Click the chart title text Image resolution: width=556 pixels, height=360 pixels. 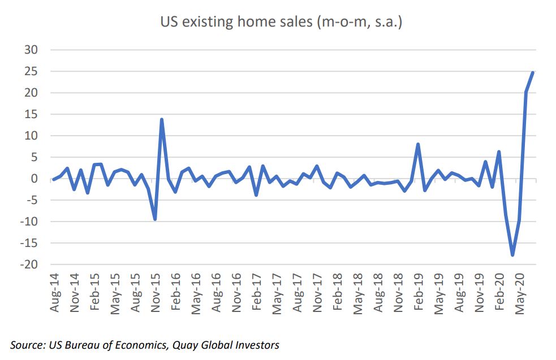click(281, 23)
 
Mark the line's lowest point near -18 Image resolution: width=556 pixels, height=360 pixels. click(513, 255)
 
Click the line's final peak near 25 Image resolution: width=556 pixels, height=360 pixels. click(533, 72)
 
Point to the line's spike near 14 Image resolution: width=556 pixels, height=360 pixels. click(162, 119)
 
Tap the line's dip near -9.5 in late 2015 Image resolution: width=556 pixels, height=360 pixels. click(155, 219)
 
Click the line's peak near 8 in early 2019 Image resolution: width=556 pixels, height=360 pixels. click(418, 144)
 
